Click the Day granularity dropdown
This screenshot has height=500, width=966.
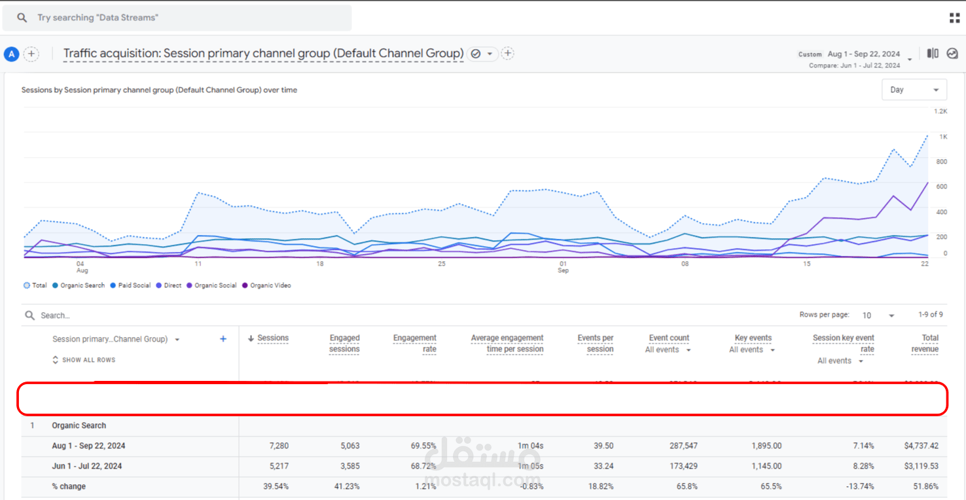tap(914, 90)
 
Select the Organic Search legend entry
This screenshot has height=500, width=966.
tap(82, 285)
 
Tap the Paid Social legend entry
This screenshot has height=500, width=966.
tap(134, 285)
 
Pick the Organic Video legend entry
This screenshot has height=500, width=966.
tap(270, 285)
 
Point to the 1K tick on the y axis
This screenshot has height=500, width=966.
tap(943, 137)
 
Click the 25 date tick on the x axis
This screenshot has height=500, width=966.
tap(442, 264)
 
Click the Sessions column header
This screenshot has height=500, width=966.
tap(273, 338)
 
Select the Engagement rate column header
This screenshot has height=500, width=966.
tap(414, 344)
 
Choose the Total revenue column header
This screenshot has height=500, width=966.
tap(925, 344)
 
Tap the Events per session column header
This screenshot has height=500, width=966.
tap(596, 344)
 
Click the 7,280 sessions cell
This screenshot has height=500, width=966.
tap(279, 446)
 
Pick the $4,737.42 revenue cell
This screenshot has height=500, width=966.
tap(921, 446)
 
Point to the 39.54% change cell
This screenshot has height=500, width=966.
tap(275, 486)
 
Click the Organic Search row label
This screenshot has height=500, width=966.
tap(79, 425)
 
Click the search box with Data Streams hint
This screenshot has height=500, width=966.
tap(177, 18)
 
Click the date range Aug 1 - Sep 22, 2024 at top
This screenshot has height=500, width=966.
tap(863, 54)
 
